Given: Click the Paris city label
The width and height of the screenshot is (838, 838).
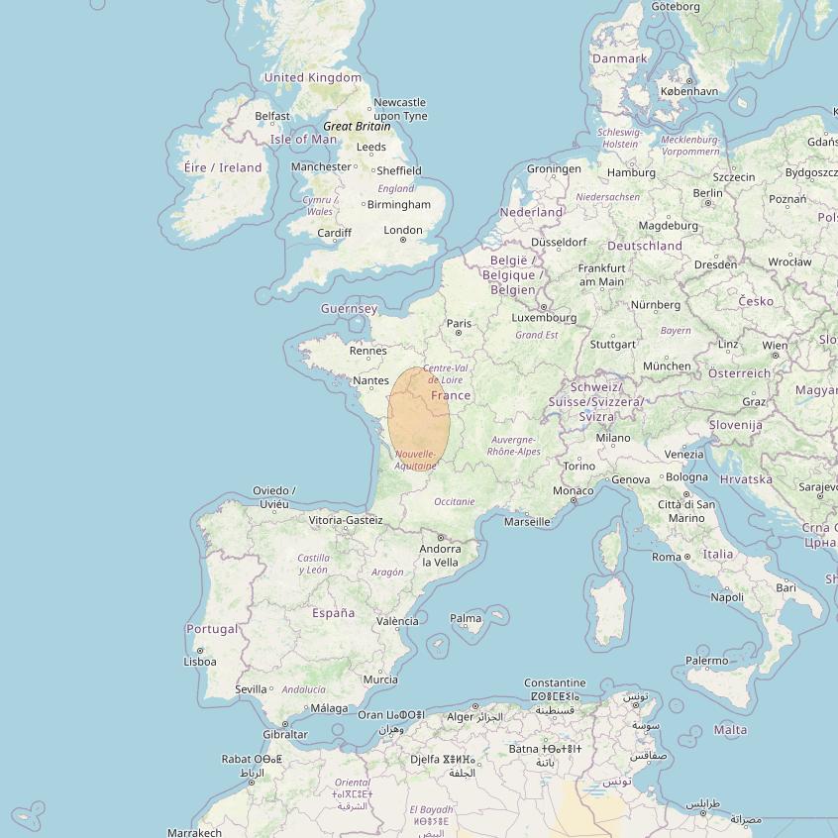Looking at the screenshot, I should coord(459,323).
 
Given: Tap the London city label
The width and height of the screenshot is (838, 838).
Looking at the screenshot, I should coord(403,230).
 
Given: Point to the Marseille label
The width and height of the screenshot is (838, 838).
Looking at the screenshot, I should coord(527,521).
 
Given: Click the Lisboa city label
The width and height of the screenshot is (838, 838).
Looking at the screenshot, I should coord(200,662).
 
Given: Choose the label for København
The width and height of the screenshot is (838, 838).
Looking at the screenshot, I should coord(688,91).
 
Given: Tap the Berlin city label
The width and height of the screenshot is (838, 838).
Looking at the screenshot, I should coord(708,193).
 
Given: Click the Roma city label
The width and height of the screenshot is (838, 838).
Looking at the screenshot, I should coord(666,557).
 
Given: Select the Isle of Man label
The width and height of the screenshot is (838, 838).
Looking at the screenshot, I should coord(303,140).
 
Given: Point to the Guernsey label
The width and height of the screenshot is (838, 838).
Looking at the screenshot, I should coord(349,309).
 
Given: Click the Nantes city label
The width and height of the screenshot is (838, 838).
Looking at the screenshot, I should coord(370,380).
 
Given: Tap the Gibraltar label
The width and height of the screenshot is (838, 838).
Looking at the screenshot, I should coord(285,734).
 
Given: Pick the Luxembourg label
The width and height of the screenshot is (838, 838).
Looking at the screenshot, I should coord(544,318).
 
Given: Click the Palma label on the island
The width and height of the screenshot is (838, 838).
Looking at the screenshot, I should coord(466,618).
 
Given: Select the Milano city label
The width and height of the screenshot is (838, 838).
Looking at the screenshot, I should coord(612,438).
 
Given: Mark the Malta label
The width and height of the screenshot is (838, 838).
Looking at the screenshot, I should coord(730,730).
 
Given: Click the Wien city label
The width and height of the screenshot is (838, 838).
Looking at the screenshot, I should coord(775,346).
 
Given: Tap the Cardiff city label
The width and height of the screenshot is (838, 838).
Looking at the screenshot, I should coord(334,234).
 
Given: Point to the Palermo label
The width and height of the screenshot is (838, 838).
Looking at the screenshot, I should coord(706,661).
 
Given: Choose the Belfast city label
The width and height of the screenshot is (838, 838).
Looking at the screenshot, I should coord(272,116).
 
